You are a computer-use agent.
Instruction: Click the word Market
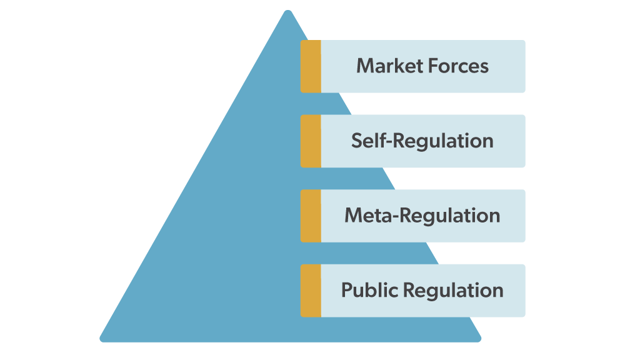pos(385,66)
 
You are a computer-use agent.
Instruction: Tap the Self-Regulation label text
pos(422,141)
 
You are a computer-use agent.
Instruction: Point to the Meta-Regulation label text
pos(422,216)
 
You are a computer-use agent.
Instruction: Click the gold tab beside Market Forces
pos(311,66)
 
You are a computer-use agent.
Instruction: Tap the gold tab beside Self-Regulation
pos(311,141)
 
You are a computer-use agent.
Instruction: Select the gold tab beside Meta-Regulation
pos(311,216)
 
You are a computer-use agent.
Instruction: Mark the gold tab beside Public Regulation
pos(311,291)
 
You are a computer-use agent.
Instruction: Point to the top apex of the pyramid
pos(287,12)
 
